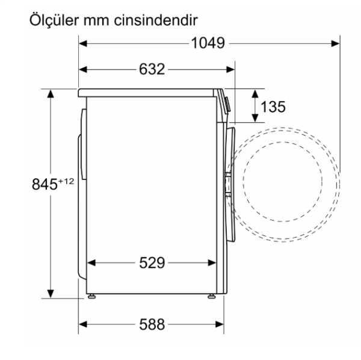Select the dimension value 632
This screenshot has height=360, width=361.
click(x=152, y=69)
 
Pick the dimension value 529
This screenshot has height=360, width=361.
click(x=152, y=263)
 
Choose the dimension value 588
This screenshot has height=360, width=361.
click(x=152, y=325)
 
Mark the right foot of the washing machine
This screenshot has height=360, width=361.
click(x=212, y=296)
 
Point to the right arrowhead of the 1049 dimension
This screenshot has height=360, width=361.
click(x=336, y=43)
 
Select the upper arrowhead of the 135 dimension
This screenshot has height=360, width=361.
click(x=255, y=94)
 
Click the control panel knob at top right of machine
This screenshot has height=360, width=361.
click(x=226, y=102)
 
